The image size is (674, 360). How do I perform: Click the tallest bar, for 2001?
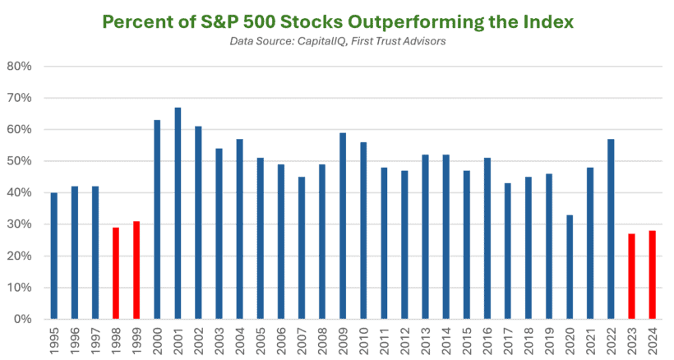(178, 213)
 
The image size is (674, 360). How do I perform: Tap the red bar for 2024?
(651, 275)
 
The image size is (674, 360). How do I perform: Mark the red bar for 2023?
(630, 276)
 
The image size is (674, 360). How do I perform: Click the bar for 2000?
(157, 219)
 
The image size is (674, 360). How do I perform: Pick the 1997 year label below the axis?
(95, 339)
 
